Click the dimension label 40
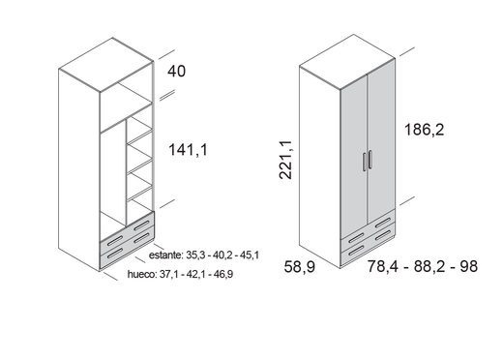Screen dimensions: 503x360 click(x=176, y=71)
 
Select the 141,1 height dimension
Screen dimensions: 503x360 click(x=189, y=150)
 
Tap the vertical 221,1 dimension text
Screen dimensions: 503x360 click(x=285, y=160)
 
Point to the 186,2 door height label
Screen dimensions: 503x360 click(x=424, y=130)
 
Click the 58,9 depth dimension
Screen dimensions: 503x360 click(x=300, y=267)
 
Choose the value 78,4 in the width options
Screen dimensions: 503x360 click(x=383, y=266)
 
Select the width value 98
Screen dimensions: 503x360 click(x=469, y=266)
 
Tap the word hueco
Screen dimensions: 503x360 click(x=141, y=274)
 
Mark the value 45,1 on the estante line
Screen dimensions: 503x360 click(x=250, y=255)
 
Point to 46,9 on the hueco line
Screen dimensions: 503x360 click(x=223, y=274)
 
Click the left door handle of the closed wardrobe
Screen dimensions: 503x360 click(x=365, y=162)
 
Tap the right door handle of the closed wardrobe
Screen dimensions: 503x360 click(x=370, y=160)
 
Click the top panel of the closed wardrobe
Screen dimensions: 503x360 click(x=347, y=61)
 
